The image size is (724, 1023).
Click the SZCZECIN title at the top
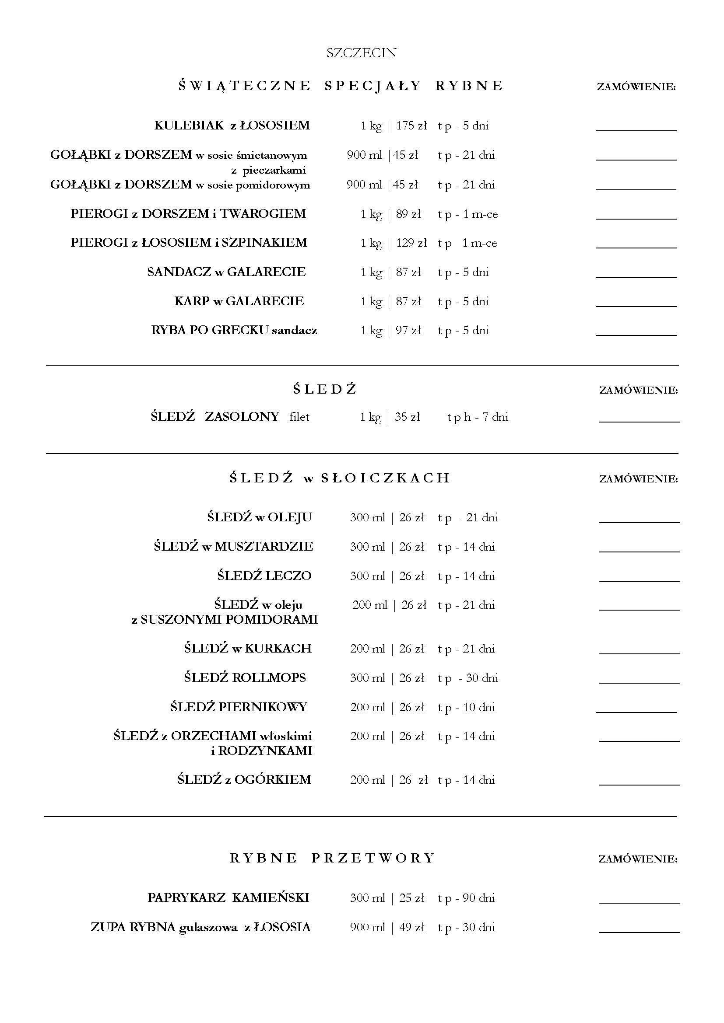coord(361,53)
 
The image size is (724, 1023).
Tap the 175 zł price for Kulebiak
coord(411,126)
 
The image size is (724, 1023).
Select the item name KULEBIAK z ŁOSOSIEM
coord(232,126)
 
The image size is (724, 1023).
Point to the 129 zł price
coord(411,243)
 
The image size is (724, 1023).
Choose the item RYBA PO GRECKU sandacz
coord(234,331)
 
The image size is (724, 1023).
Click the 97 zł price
coord(408,331)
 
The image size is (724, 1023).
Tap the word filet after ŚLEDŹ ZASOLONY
coord(299,417)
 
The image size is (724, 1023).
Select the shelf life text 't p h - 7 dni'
coord(478,417)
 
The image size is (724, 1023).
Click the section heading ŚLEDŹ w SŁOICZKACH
coord(340,478)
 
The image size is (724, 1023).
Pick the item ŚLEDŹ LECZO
coord(264,576)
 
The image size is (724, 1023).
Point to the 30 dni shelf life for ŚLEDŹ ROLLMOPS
coord(482,678)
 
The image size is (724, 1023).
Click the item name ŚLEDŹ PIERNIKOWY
coord(239,707)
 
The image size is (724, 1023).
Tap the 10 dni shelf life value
coord(479,707)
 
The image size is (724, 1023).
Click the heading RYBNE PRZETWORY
coord(332,858)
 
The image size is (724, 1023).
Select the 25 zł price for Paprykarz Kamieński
coord(411,898)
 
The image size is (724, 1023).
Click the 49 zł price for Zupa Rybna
coord(411,927)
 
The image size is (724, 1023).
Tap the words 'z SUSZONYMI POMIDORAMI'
coord(224,620)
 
